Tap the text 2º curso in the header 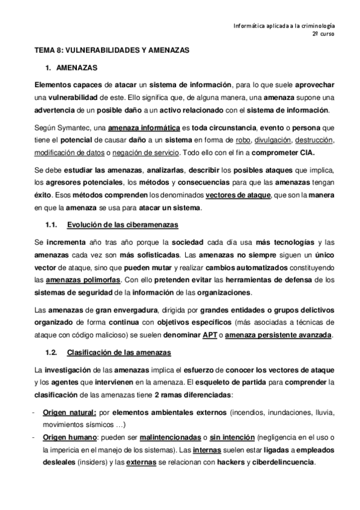pos(323,35)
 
